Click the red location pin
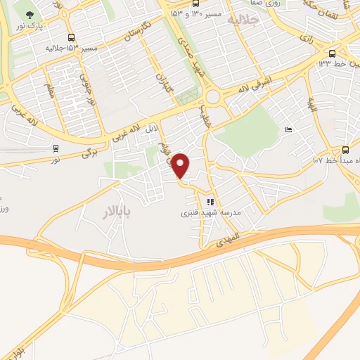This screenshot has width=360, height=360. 181,166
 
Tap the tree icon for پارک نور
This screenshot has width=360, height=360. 29,14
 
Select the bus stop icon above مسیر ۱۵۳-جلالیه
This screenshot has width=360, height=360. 70,38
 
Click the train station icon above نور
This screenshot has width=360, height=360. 55,148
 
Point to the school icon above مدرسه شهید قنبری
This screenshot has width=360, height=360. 210,202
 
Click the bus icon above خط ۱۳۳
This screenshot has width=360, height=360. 333,53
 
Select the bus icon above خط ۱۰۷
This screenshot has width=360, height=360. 345,150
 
